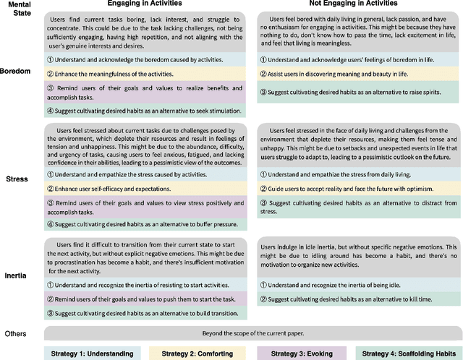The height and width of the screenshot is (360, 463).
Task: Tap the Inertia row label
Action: coord(17,275)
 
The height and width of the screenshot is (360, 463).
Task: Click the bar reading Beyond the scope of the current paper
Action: coord(253,333)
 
